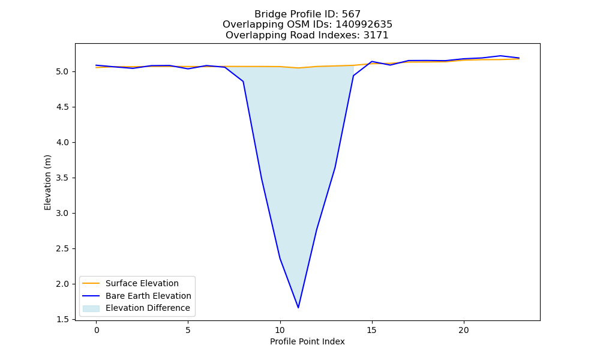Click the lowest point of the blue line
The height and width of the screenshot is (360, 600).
point(298,308)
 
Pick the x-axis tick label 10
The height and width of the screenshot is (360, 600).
point(280,330)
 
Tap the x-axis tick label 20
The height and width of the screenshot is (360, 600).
point(464,330)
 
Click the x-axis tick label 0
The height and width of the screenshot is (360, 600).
point(97,330)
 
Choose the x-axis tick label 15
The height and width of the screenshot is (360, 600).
point(372,330)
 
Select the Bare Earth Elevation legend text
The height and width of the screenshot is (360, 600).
point(148,296)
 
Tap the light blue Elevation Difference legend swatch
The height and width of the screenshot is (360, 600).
point(91,308)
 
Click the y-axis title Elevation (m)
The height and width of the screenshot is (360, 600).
point(47,182)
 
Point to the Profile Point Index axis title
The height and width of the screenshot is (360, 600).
point(307,341)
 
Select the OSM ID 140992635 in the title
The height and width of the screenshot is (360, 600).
point(364,25)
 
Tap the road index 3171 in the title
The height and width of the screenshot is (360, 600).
point(376,35)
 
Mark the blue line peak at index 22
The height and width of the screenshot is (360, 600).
point(500,56)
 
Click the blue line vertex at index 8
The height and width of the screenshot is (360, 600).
point(243,82)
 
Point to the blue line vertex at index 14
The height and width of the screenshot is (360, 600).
point(353,76)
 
